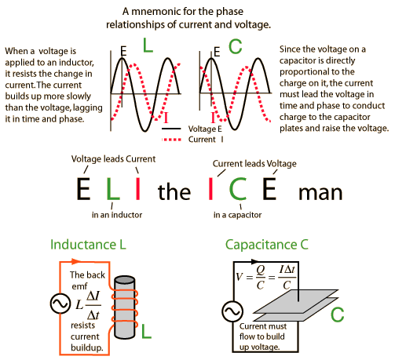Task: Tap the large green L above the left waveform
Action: [x=148, y=45]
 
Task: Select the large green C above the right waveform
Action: [x=235, y=46]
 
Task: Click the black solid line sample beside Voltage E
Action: [x=171, y=129]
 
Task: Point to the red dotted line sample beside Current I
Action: [x=171, y=140]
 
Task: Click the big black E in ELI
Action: [x=83, y=188]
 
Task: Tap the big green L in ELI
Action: [x=113, y=188]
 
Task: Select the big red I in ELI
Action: [x=138, y=188]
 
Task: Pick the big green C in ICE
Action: [x=238, y=188]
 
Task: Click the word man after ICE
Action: [x=320, y=193]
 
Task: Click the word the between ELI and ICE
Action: [x=174, y=191]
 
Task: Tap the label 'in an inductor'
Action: [x=117, y=215]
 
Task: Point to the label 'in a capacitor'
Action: [x=237, y=215]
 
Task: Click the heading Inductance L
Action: [x=88, y=245]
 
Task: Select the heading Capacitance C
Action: [x=267, y=245]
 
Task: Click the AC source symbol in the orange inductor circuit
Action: [x=60, y=304]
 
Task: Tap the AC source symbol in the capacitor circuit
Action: [x=232, y=311]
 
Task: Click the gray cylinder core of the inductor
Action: [x=125, y=307]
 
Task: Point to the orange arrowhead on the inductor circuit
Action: [x=76, y=261]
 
